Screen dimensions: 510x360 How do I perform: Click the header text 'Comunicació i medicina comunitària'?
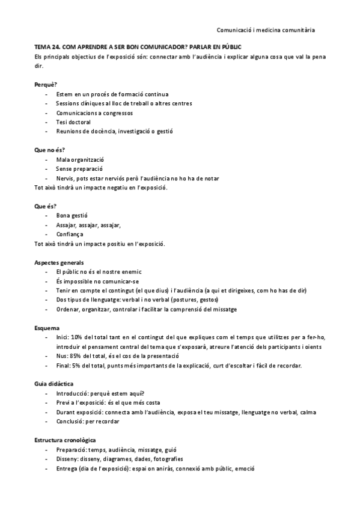click(265, 29)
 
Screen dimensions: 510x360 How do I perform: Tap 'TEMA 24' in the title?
click(47, 47)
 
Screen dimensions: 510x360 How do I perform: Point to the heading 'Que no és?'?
click(49, 149)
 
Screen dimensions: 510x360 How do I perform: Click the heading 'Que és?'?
click(45, 206)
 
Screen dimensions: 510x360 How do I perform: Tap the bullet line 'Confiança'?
click(70, 234)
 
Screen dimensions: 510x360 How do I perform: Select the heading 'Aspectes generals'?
click(59, 262)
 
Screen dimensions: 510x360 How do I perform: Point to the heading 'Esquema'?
click(46, 328)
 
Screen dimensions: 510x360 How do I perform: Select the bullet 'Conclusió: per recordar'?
click(87, 422)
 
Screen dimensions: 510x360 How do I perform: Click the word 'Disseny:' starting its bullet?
click(68, 459)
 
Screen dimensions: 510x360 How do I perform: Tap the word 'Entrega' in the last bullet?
click(67, 469)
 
